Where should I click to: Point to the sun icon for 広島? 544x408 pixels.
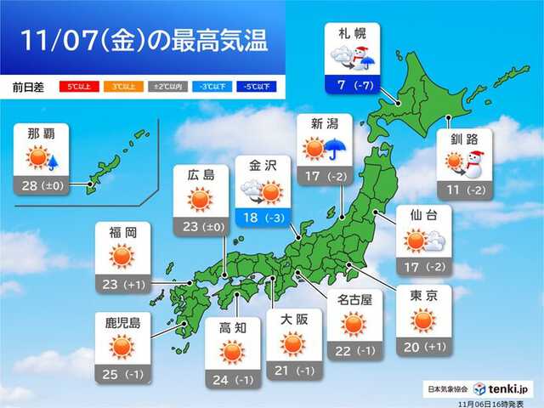pos(200,200)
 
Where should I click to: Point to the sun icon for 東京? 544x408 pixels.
pos(422,320)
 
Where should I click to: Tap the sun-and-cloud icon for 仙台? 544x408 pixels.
pos(422,241)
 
